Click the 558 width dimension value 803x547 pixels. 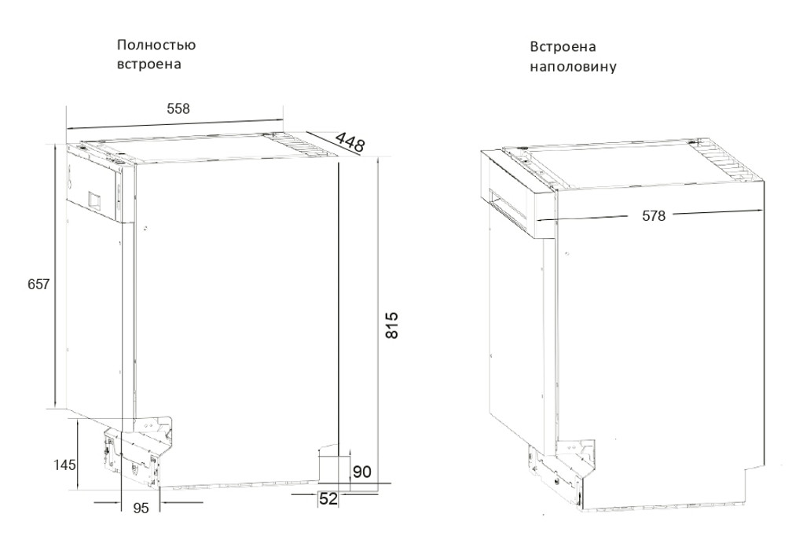(x=178, y=108)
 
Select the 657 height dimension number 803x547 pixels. (x=39, y=284)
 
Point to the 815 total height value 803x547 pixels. (x=391, y=325)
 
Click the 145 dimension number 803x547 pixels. (x=65, y=465)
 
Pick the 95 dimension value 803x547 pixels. (x=141, y=508)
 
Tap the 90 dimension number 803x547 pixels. (x=362, y=472)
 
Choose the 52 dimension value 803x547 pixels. (x=328, y=498)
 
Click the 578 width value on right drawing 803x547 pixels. (x=654, y=216)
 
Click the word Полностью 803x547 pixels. (x=156, y=45)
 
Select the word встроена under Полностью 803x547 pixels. (x=149, y=64)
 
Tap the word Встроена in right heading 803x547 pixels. (x=563, y=47)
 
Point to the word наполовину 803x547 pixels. (x=573, y=67)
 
